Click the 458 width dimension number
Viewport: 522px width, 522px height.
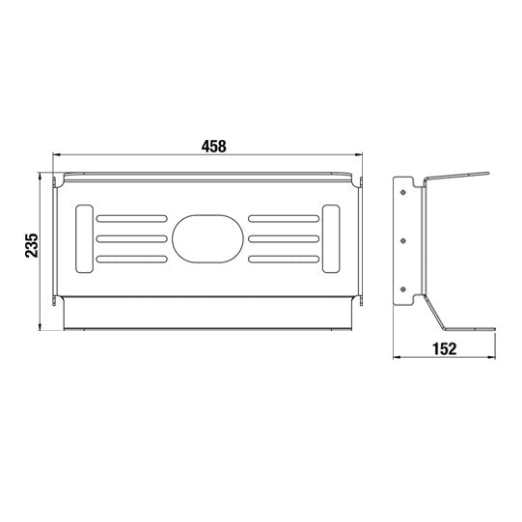[x=213, y=147]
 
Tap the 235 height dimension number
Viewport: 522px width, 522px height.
[x=32, y=246]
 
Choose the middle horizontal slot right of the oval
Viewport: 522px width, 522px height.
[x=283, y=237]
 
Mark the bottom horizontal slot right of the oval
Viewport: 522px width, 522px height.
[x=283, y=259]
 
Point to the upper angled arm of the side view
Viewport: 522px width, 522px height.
[x=458, y=179]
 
